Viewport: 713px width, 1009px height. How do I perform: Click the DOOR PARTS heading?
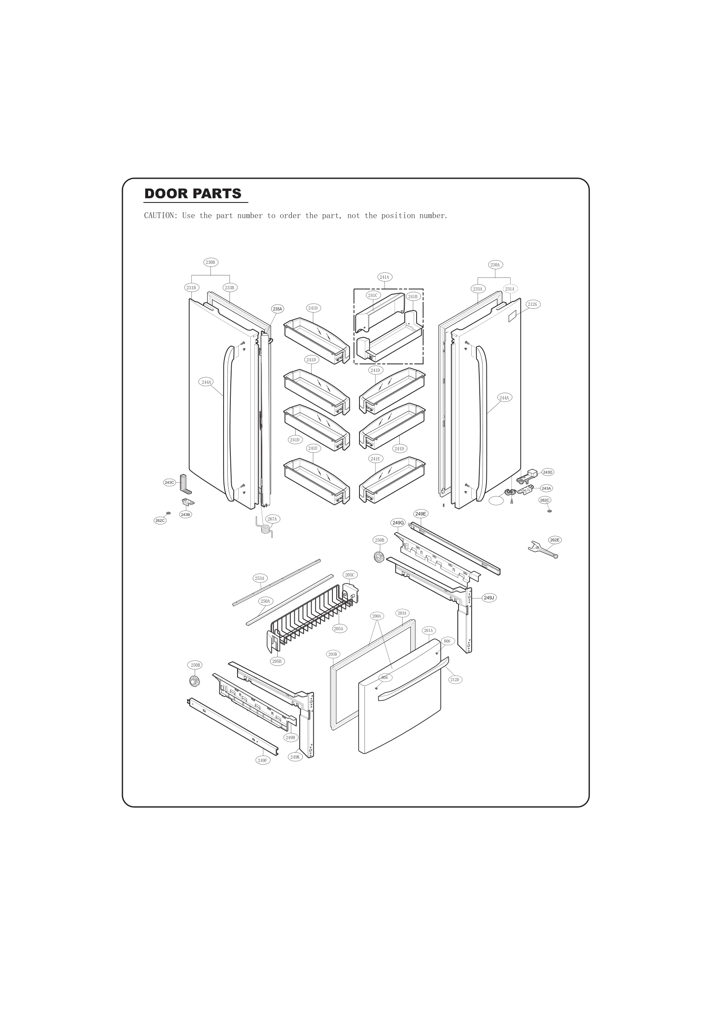point(192,194)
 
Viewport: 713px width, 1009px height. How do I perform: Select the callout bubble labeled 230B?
point(210,262)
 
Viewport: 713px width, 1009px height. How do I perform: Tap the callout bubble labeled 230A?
point(495,265)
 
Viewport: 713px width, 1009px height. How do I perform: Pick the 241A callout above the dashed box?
point(384,277)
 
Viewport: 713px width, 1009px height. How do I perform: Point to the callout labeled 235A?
point(277,309)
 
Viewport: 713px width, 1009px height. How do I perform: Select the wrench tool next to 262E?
point(542,550)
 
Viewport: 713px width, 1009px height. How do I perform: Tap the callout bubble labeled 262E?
point(555,540)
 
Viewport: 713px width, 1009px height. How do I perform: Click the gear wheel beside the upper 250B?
point(379,557)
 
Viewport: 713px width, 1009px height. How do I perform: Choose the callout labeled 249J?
point(489,598)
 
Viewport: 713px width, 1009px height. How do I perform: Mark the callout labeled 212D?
point(455,680)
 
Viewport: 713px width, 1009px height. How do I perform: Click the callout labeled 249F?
point(263,760)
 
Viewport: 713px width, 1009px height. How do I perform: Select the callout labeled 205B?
point(277,661)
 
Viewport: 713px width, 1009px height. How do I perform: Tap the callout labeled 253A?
point(260,578)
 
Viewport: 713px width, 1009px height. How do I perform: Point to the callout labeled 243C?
point(169,482)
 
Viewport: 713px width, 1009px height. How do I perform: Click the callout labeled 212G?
point(533,304)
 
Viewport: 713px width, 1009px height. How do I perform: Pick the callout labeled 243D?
point(547,472)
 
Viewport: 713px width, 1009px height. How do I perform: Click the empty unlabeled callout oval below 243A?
point(496,501)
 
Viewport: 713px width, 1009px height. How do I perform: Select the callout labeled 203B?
point(332,654)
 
